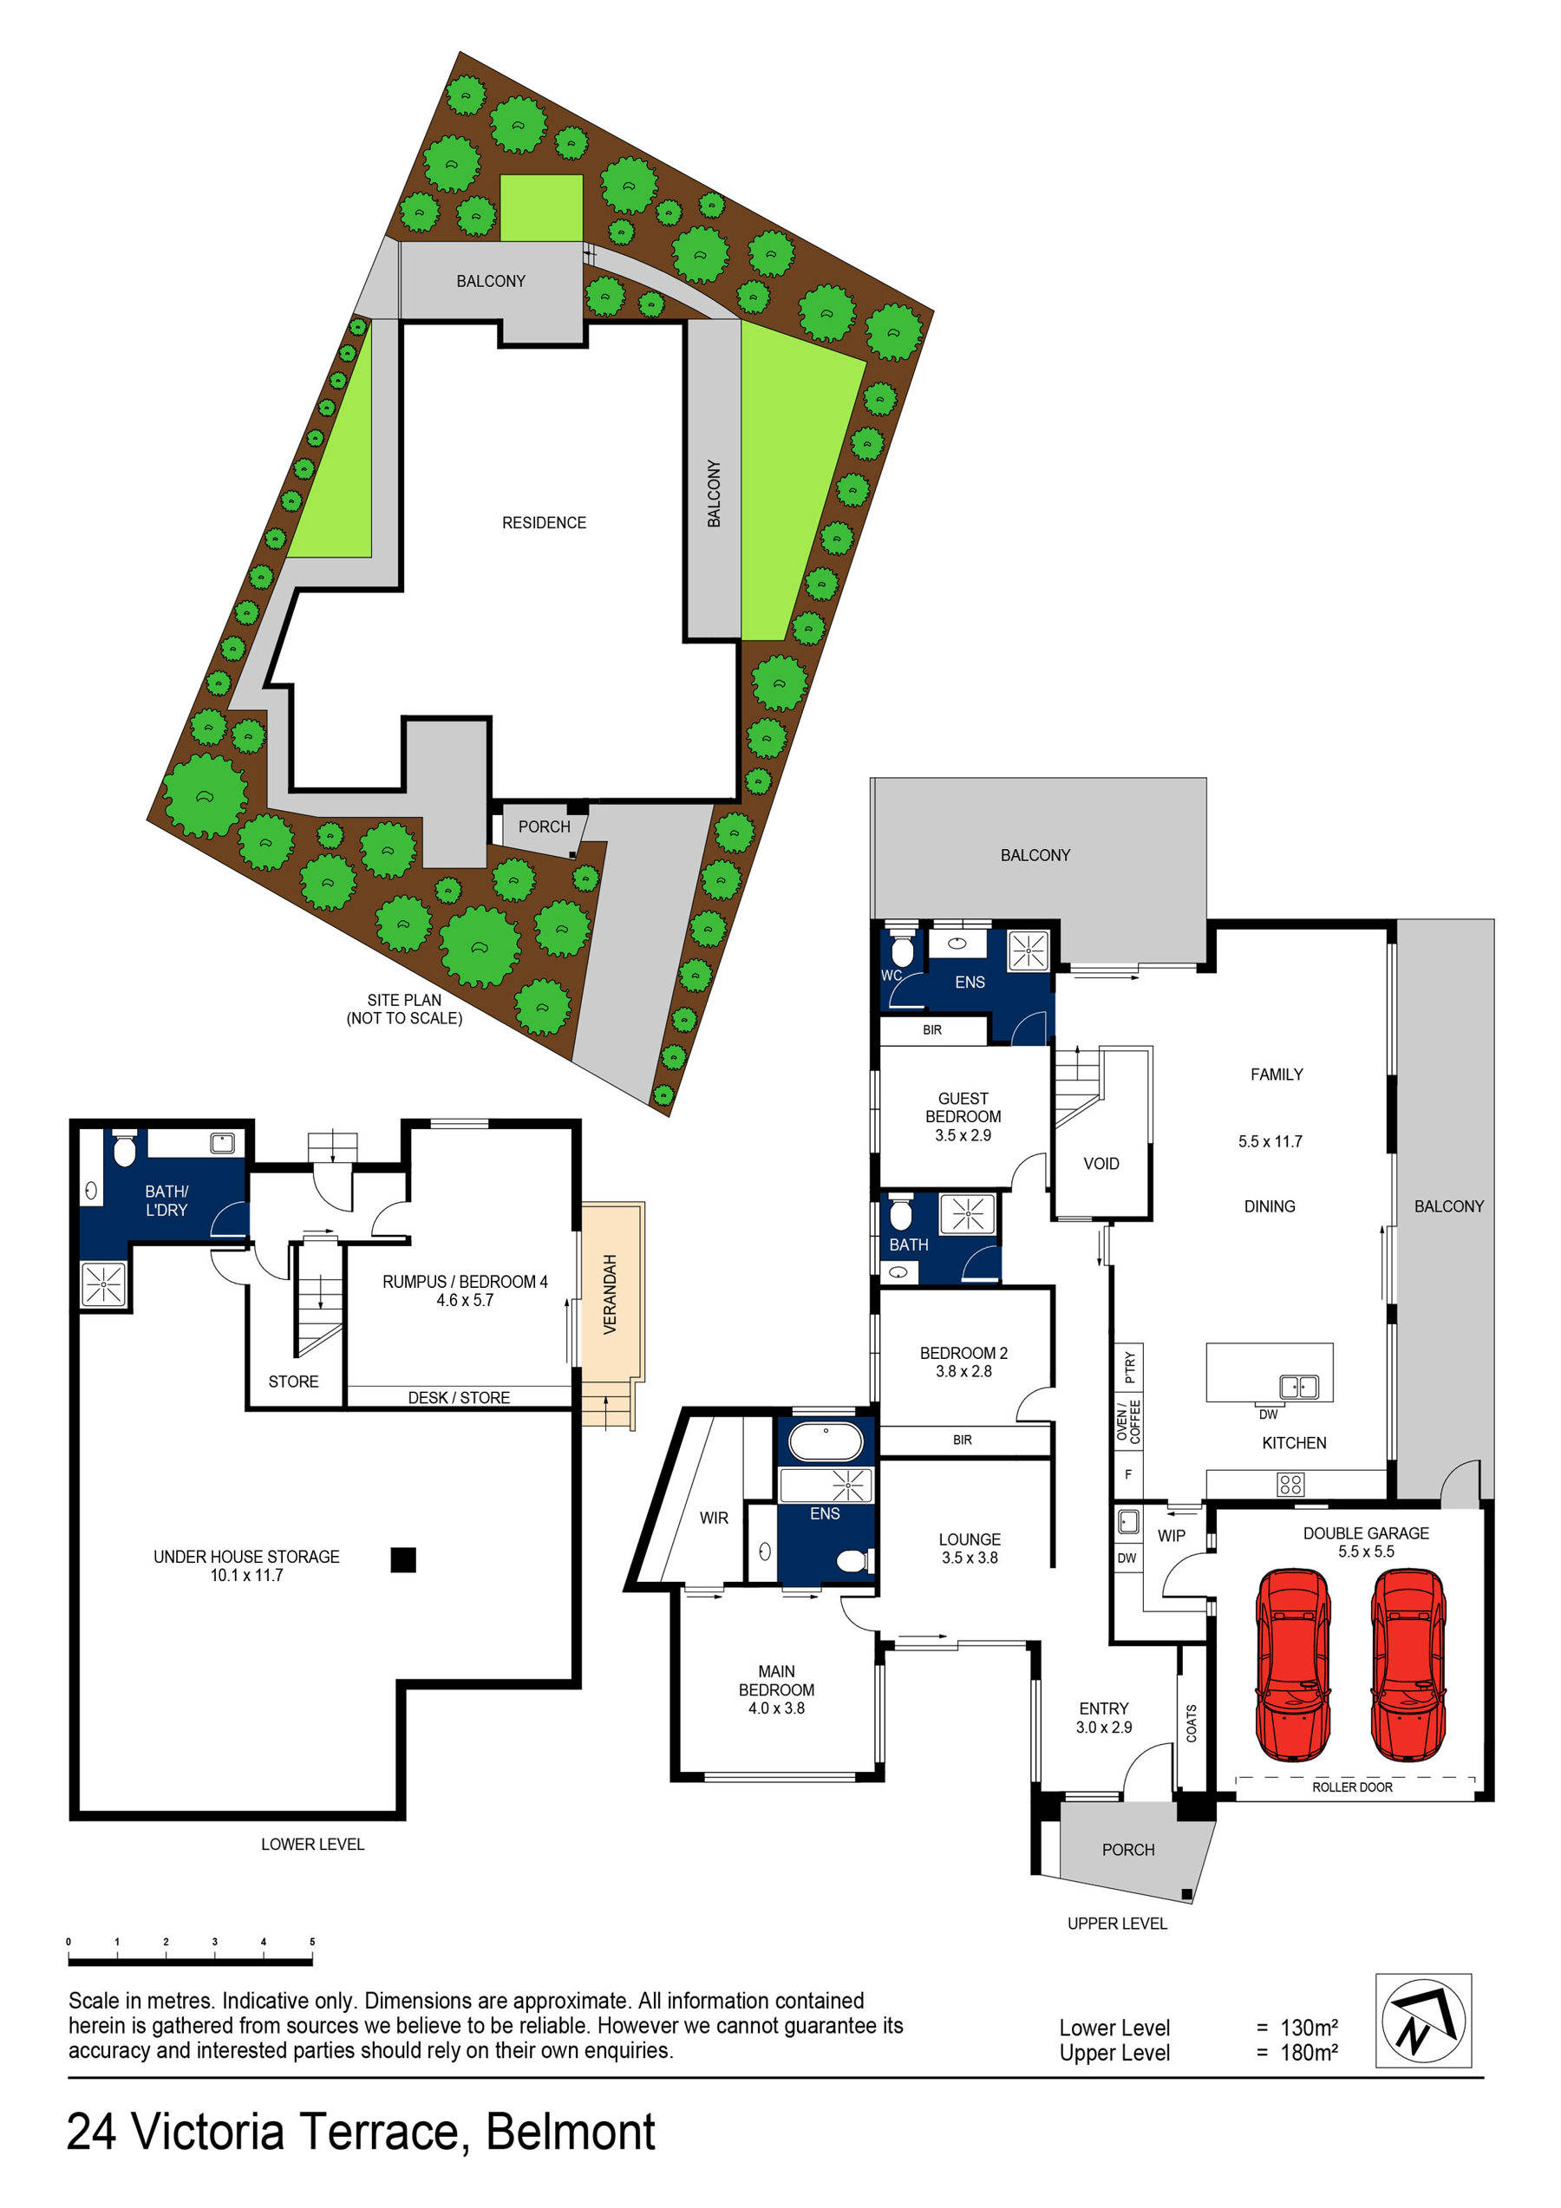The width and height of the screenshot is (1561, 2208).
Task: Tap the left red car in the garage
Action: (x=1293, y=1663)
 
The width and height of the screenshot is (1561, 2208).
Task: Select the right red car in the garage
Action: (x=1408, y=1663)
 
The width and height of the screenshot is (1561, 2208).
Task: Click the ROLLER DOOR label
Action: (x=1351, y=1787)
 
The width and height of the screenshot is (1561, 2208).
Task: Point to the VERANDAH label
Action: (x=609, y=1293)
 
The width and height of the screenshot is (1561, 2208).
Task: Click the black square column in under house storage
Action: (x=403, y=1559)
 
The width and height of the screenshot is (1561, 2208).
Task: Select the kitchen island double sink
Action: (x=1298, y=1387)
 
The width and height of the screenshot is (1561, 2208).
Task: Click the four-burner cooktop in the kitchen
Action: (x=1290, y=1484)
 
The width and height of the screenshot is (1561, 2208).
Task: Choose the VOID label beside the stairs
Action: (x=1101, y=1164)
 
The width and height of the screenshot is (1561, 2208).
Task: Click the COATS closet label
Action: (x=1192, y=1723)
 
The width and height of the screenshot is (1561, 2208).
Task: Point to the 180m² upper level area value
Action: (x=1309, y=2053)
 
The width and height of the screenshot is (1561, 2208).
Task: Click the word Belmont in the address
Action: (x=571, y=2132)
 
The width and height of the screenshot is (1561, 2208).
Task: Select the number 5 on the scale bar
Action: (x=312, y=1942)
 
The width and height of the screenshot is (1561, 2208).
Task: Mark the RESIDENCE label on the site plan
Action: (x=544, y=523)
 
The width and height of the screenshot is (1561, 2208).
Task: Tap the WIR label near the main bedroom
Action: (x=714, y=1518)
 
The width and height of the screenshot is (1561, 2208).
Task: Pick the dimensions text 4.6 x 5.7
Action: (x=465, y=1300)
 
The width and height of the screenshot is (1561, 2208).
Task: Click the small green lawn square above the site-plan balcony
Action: (x=541, y=208)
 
